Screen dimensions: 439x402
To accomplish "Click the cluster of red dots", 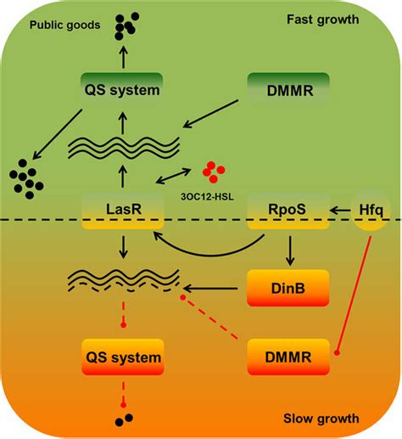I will click(x=213, y=171).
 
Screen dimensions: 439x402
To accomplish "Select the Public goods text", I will click(x=62, y=25).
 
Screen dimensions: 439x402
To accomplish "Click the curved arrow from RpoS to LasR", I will click(x=212, y=248).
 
